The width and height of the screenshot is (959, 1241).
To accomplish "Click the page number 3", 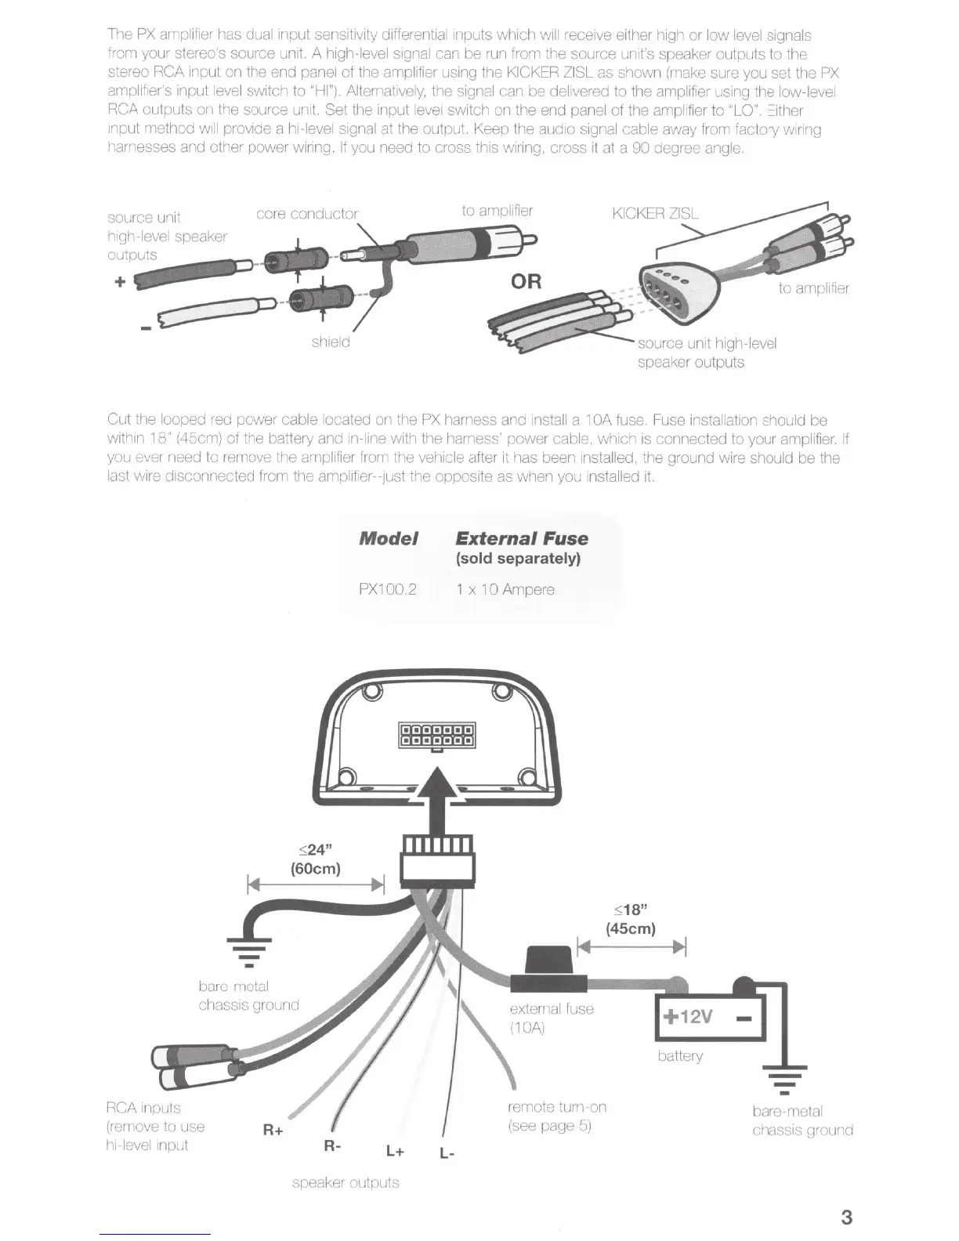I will pos(846,1217).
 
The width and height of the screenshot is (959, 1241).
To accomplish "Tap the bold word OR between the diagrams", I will pos(526,280).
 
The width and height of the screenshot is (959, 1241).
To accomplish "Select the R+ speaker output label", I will pos(273,1130).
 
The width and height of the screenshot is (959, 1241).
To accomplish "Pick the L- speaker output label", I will pos(447,1153).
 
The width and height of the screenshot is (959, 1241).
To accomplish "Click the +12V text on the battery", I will pos(687,1016).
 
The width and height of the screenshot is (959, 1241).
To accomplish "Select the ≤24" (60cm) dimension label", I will pos(315,859).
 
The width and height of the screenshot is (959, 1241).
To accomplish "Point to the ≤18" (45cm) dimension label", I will pos(630,919).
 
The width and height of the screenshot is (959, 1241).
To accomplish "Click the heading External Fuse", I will pos(521,538).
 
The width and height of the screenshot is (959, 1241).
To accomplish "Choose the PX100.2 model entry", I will pos(387,589).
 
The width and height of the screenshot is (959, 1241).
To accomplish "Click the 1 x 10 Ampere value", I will pos(505,589).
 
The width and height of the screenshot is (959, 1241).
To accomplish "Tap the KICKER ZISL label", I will pos(654,214).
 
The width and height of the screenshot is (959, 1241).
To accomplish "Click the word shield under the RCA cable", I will pos(330,342).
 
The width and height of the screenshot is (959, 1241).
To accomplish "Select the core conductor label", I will pos(306,214).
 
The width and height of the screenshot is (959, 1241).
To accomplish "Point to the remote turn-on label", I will pos(557,1107).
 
